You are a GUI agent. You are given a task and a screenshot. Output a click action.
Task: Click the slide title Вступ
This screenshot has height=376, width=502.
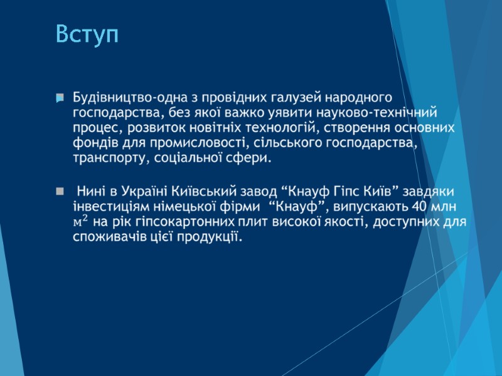pos(87,34)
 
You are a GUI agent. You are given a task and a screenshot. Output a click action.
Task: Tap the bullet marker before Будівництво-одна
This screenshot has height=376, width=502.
pos(60,98)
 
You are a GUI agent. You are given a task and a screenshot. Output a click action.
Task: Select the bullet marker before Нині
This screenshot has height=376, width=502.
pos(60,190)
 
